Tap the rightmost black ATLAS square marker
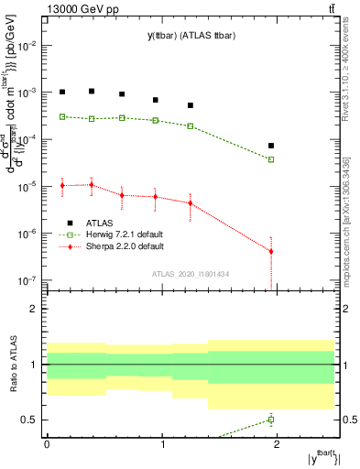(271, 146)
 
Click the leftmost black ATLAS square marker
(62, 92)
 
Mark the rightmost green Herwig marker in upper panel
(271, 159)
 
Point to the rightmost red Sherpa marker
(271, 251)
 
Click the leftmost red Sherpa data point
(62, 186)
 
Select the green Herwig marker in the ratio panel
(271, 420)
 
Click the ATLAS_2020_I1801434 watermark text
(190, 275)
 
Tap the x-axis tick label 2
(279, 443)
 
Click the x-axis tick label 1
(163, 443)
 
